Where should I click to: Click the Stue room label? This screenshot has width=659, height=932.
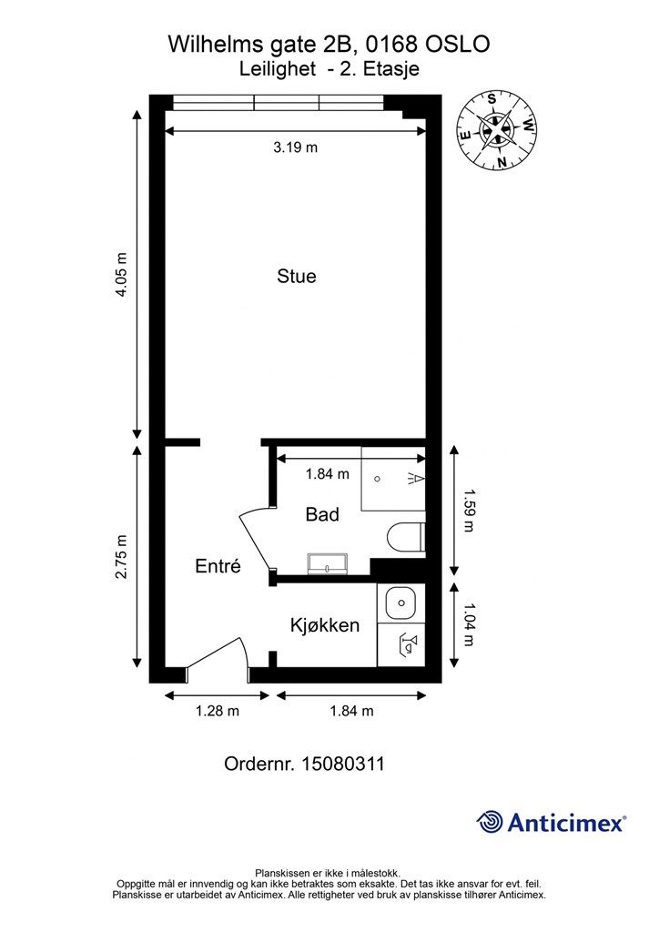(297, 277)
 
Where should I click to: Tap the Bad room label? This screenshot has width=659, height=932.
(322, 514)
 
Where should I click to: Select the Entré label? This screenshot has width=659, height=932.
(218, 565)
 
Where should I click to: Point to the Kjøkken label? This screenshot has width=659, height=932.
(325, 625)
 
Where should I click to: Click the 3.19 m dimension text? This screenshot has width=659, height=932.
(295, 147)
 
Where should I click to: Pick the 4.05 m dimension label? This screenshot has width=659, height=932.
(121, 275)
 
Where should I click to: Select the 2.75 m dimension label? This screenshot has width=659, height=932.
(121, 557)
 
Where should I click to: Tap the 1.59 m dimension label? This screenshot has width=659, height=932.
(468, 510)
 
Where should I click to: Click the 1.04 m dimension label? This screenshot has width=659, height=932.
(468, 624)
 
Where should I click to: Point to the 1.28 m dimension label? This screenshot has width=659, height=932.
(218, 711)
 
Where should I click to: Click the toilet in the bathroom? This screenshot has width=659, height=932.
(405, 537)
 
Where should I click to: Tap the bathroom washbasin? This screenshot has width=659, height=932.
(328, 563)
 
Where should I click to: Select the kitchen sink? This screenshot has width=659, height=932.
(401, 603)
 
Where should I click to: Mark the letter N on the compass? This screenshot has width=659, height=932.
(502, 162)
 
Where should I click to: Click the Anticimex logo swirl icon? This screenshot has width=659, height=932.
(491, 823)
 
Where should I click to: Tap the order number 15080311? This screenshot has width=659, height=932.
(343, 764)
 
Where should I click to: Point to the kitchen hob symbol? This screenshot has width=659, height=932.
(409, 644)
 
